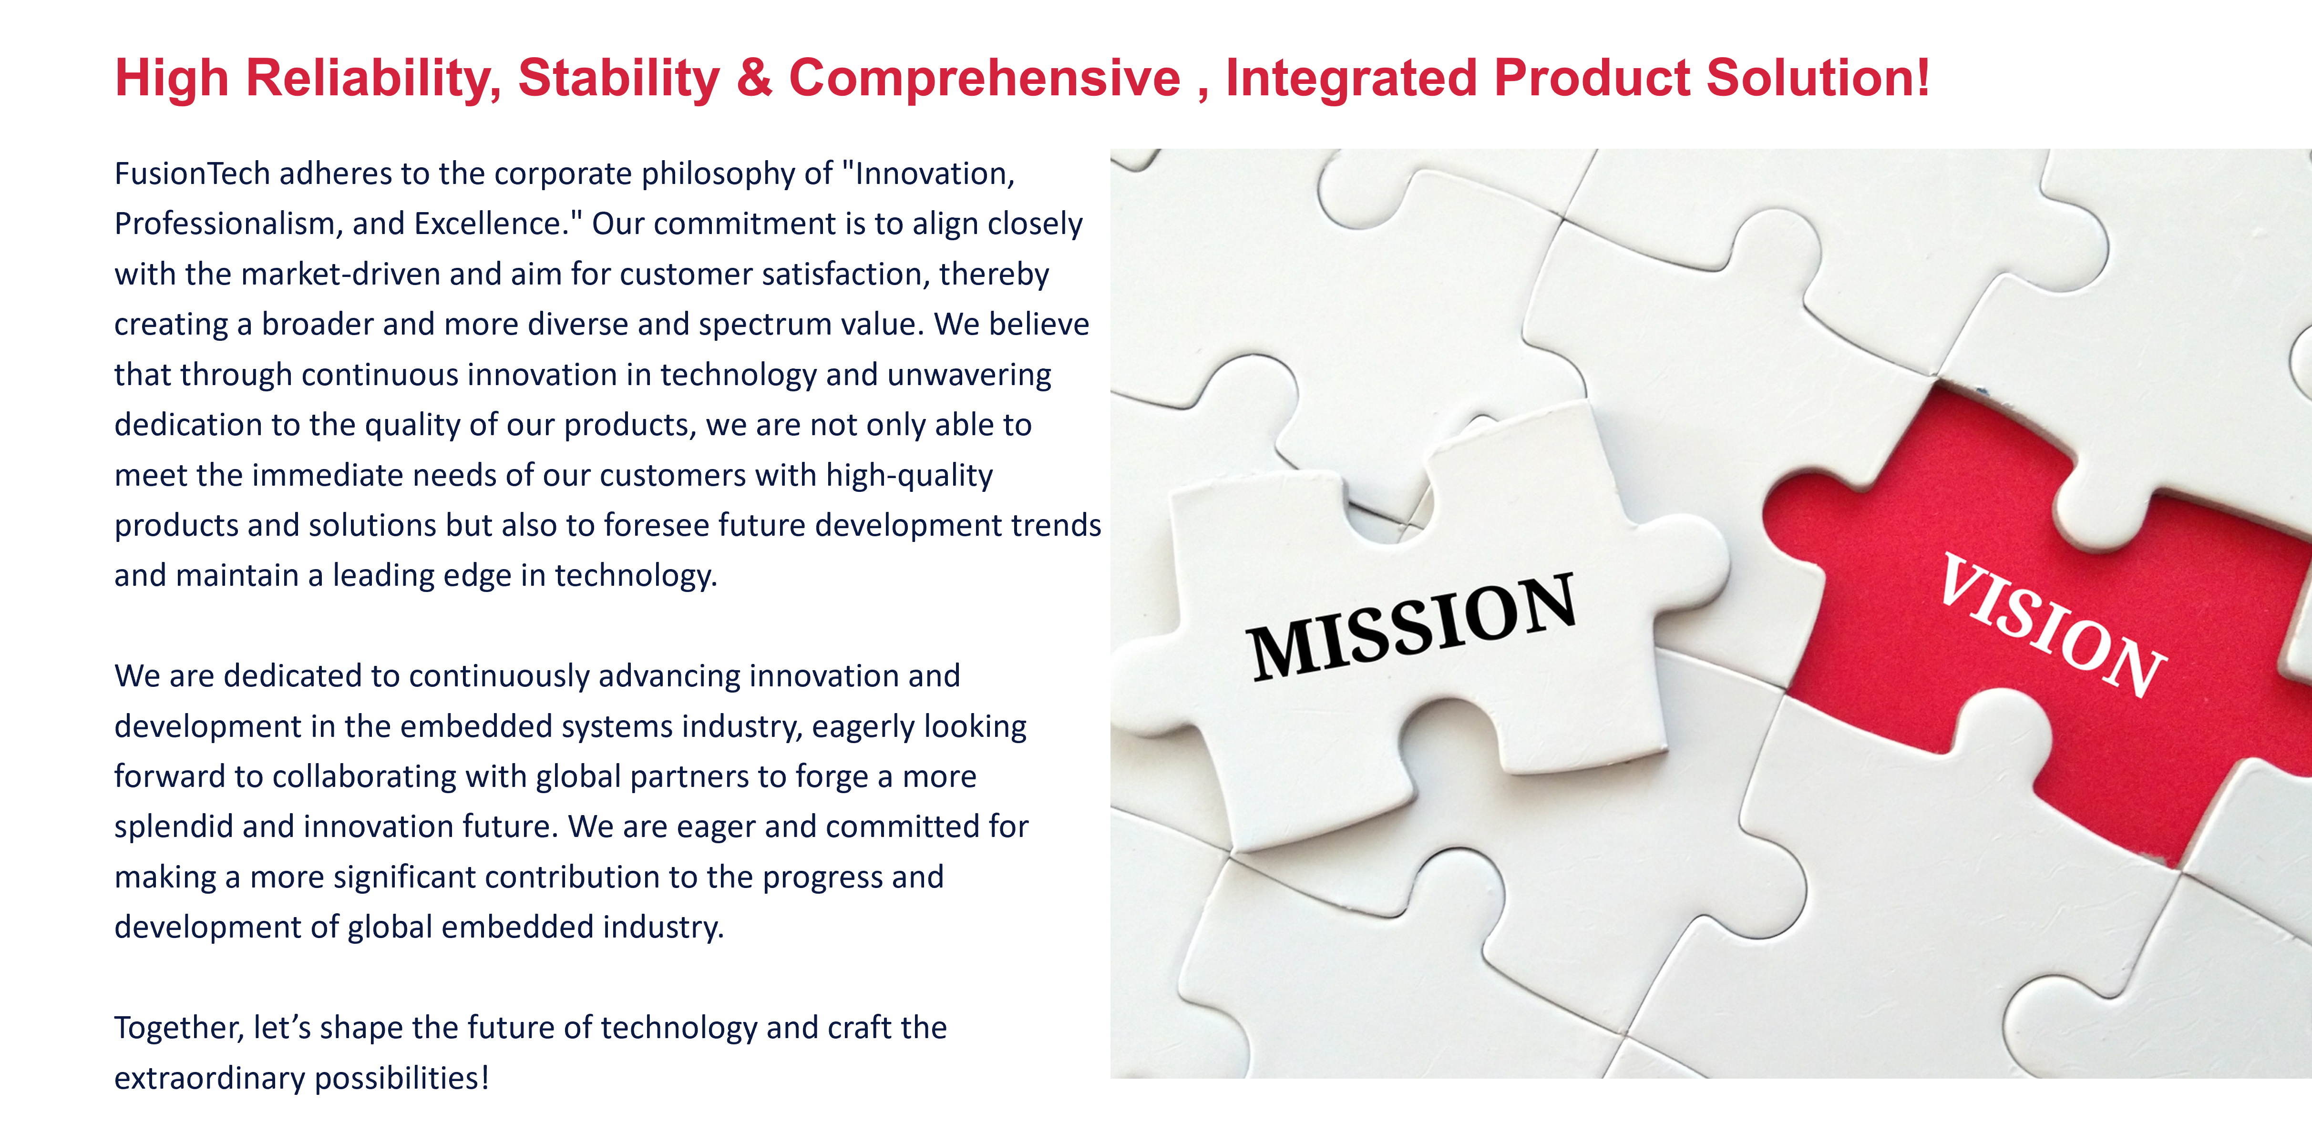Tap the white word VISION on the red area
point(2053,625)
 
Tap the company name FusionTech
point(192,173)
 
